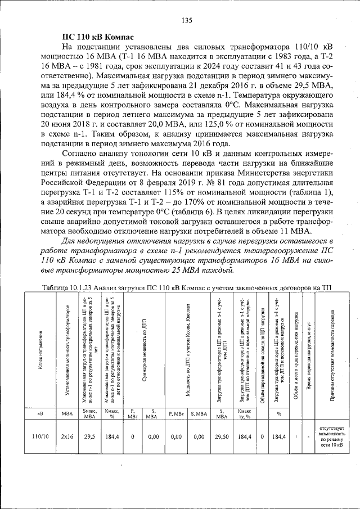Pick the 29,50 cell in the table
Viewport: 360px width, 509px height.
coord(222,436)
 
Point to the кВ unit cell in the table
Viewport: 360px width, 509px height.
coord(39,414)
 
